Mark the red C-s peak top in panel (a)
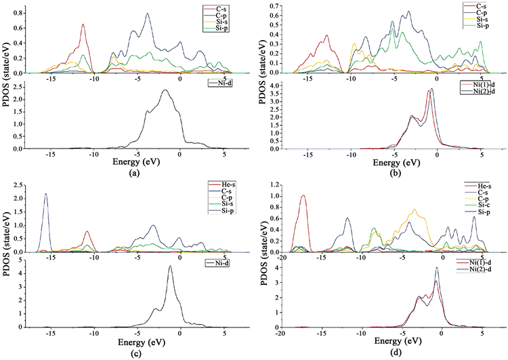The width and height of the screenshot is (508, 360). (x=83, y=24)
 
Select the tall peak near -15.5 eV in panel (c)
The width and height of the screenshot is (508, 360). (x=45, y=194)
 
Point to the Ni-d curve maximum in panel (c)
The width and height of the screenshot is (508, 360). (x=170, y=266)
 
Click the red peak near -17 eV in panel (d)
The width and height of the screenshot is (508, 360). (x=303, y=196)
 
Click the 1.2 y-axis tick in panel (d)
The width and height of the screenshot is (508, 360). (x=275, y=184)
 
